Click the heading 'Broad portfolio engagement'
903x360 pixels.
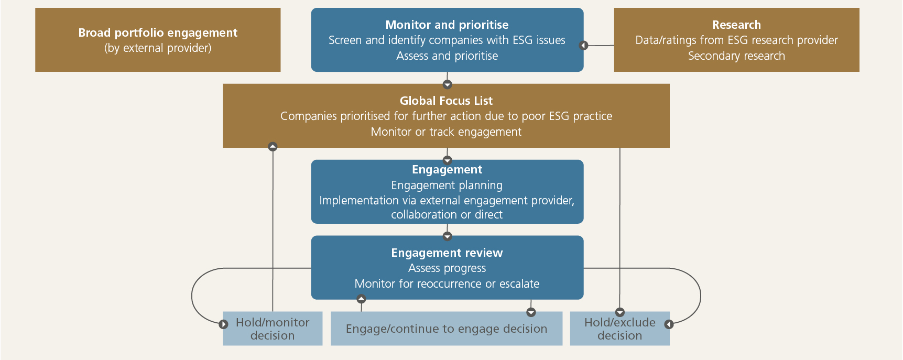pos(158,32)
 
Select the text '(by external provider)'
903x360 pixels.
pos(158,48)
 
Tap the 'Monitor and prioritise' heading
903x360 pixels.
pos(447,25)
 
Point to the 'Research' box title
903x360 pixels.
pos(736,25)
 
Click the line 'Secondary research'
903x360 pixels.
pos(736,56)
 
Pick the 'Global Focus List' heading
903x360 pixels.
pos(446,101)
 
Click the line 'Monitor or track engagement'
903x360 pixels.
pos(446,132)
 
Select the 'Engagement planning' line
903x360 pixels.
pos(447,186)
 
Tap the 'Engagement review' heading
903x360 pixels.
pos(447,253)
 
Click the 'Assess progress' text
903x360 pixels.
pos(447,268)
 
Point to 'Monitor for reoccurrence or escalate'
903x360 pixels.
pos(447,284)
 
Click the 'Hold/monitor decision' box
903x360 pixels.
pos(273,329)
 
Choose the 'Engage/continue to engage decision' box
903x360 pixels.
pos(447,329)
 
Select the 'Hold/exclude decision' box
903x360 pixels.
pos(619,329)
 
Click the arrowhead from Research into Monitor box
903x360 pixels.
pos(583,46)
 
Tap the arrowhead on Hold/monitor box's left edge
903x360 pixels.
pos(223,324)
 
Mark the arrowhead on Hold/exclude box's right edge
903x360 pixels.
pos(669,324)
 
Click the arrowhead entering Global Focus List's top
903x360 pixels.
pos(447,84)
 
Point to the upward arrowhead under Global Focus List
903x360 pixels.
pos(273,147)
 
